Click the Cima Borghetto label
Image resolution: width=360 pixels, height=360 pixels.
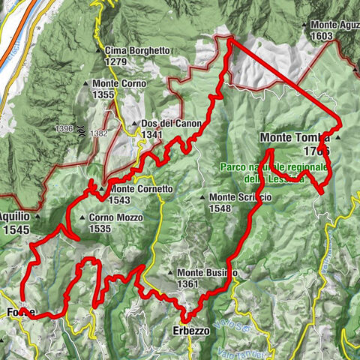tap(137, 51)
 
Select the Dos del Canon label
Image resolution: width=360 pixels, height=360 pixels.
tap(161, 124)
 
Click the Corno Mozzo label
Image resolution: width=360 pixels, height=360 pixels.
tap(115, 218)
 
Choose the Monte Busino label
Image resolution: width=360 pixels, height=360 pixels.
tap(207, 273)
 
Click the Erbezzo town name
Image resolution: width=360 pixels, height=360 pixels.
tap(190, 331)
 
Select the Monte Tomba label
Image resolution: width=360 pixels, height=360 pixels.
tap(295, 138)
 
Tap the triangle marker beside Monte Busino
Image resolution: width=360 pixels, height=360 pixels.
tap(172, 273)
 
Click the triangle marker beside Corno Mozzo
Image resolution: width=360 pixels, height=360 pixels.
tap(82, 218)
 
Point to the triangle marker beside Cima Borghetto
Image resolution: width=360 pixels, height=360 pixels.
tap(98, 51)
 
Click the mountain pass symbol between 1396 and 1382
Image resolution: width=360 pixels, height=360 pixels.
tap(80, 130)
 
